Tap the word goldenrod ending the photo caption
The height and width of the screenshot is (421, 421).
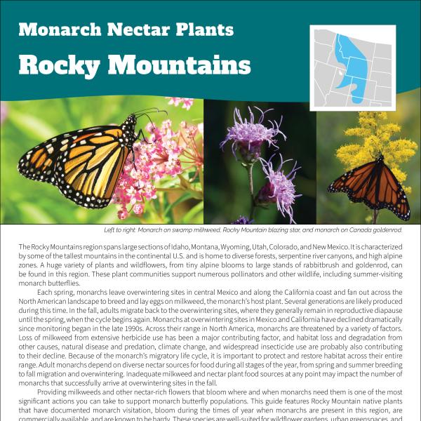click(384, 230)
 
